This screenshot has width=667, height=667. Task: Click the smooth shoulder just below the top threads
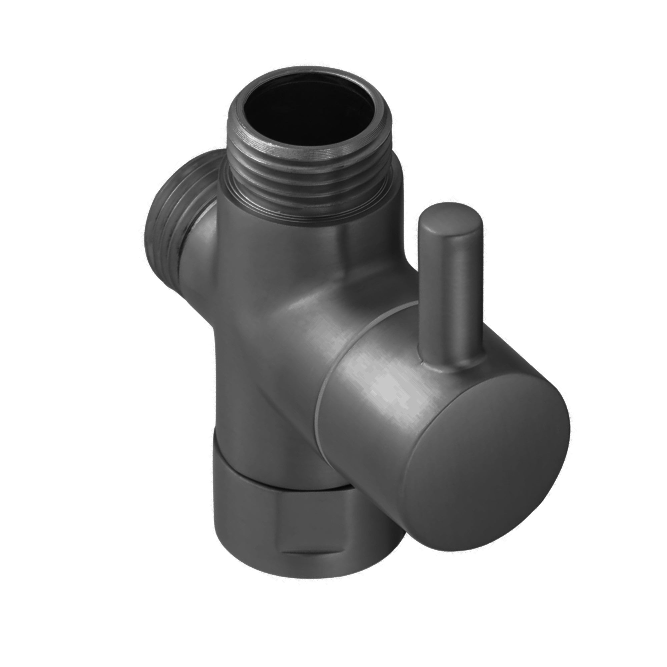coord(276,228)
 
